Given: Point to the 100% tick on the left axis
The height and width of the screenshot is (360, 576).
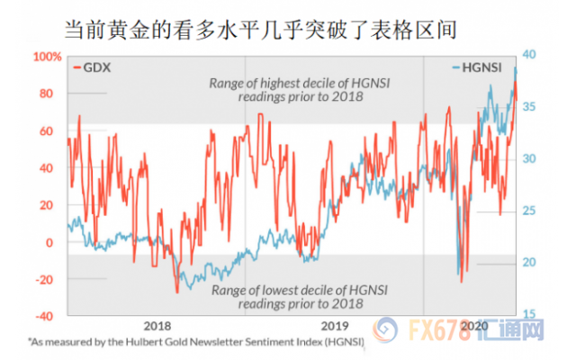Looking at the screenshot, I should click(x=45, y=57).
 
